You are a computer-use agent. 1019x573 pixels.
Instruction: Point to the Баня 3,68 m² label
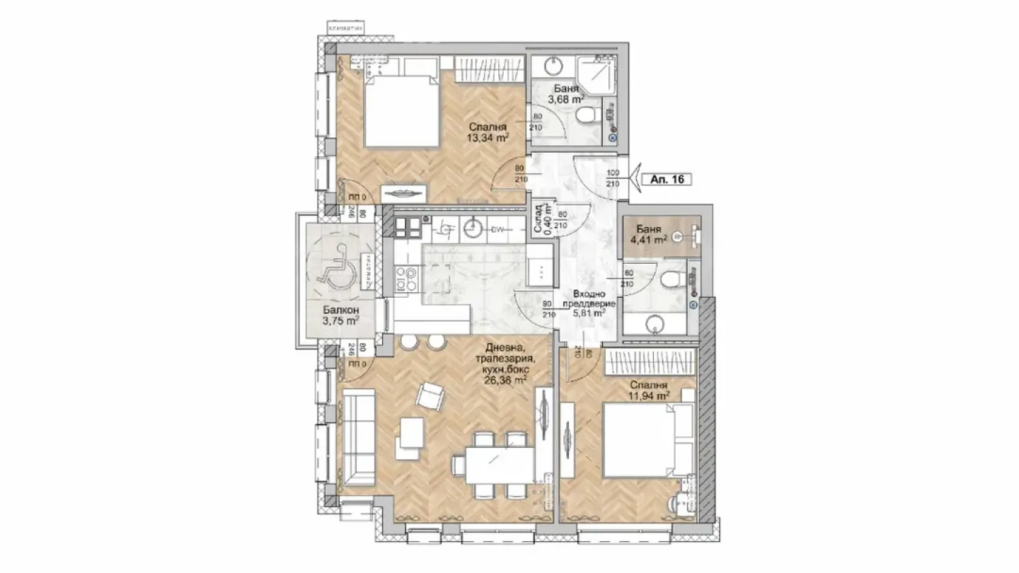point(567,95)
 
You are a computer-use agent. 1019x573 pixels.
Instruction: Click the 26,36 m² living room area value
point(505,379)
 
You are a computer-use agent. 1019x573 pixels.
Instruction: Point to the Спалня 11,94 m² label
point(648,391)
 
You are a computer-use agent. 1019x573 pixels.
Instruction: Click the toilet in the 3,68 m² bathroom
point(587,115)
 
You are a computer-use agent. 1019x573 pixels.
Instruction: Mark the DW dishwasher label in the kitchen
point(499,229)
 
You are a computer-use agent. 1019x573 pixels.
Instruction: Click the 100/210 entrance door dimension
point(613,178)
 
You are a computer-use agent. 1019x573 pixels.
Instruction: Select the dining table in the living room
point(492,464)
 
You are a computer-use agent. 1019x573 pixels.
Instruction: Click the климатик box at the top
point(345,28)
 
